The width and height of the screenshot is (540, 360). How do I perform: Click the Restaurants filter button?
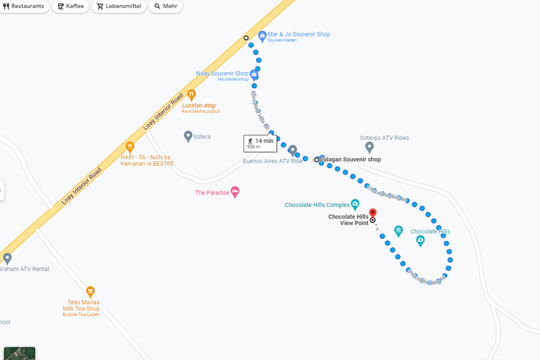(24, 7)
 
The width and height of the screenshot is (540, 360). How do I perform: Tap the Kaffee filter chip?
(70, 7)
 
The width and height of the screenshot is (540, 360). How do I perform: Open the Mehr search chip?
(165, 7)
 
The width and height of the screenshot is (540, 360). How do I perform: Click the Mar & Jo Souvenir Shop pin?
(262, 36)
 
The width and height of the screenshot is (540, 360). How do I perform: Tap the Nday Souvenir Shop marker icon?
(254, 75)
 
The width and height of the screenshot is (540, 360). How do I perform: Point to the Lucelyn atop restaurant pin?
(191, 94)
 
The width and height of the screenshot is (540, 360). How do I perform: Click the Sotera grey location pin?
(188, 136)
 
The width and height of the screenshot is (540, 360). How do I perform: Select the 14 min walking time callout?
(260, 143)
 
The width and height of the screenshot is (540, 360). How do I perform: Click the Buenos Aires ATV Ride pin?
(292, 149)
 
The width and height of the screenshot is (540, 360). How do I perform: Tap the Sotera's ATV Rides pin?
(370, 146)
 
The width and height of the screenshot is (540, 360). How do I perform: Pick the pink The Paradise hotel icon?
(235, 192)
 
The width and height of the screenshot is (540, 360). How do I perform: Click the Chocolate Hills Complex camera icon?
(355, 204)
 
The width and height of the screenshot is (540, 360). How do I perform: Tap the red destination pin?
(373, 213)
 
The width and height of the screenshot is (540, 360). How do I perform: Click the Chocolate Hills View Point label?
(349, 220)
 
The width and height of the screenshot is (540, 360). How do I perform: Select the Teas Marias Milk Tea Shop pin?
(90, 292)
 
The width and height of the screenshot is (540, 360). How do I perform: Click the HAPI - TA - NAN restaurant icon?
(130, 146)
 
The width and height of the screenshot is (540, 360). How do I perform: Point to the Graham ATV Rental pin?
(7, 258)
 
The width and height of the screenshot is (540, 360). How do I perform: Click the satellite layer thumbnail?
(19, 353)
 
